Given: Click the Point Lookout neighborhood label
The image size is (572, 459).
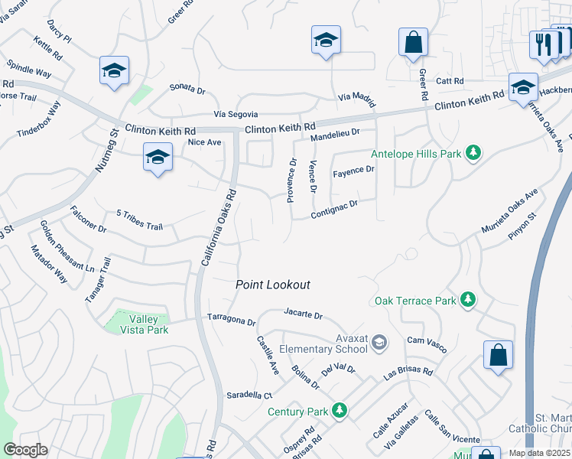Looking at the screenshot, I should point(273,285).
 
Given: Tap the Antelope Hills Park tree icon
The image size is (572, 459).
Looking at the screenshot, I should point(474,153).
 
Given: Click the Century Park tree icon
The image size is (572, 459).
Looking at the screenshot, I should point(339,412).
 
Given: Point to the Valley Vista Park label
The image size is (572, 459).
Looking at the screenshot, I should point(145,324).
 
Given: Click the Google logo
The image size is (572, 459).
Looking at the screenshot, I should point(25,450).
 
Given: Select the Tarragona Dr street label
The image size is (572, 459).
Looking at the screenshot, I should point(231,319).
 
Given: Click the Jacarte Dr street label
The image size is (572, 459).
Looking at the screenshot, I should point(303,314).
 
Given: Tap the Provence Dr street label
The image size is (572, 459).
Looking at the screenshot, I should point(291,181).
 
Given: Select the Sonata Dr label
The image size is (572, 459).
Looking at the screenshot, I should point(187,90).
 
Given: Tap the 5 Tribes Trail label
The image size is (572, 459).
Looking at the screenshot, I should point(140,219).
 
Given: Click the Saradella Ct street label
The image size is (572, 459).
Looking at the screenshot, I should point(249,396).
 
